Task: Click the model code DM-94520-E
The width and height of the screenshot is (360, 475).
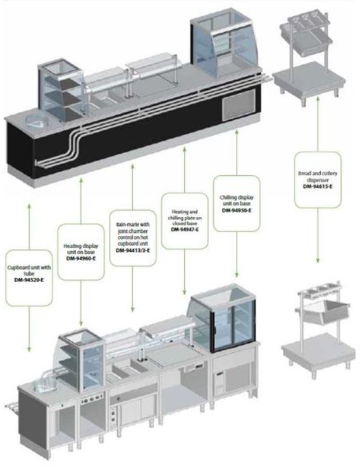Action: coord(29,280)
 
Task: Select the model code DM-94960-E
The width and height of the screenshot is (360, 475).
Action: coord(81,259)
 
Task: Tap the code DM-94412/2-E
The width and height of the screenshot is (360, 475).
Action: coord(133,250)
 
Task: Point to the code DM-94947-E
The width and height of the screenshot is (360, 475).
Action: coord(185,230)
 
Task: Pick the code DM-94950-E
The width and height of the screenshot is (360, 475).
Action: coord(237,210)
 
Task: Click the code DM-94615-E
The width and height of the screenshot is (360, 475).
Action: coord(318,187)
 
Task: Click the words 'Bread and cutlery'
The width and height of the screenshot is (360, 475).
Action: coord(318,173)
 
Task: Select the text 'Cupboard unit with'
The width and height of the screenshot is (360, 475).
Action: coord(29,268)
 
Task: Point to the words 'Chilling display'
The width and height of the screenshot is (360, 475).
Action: coord(237,197)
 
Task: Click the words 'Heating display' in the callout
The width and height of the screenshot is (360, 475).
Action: coord(81,246)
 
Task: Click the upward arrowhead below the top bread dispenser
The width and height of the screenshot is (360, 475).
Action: coord(318,99)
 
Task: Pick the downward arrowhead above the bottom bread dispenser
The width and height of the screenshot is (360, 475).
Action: coord(318,261)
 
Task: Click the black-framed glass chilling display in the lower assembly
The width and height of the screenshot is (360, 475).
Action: coord(223,318)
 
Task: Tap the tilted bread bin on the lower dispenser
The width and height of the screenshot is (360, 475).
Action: coord(326,311)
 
